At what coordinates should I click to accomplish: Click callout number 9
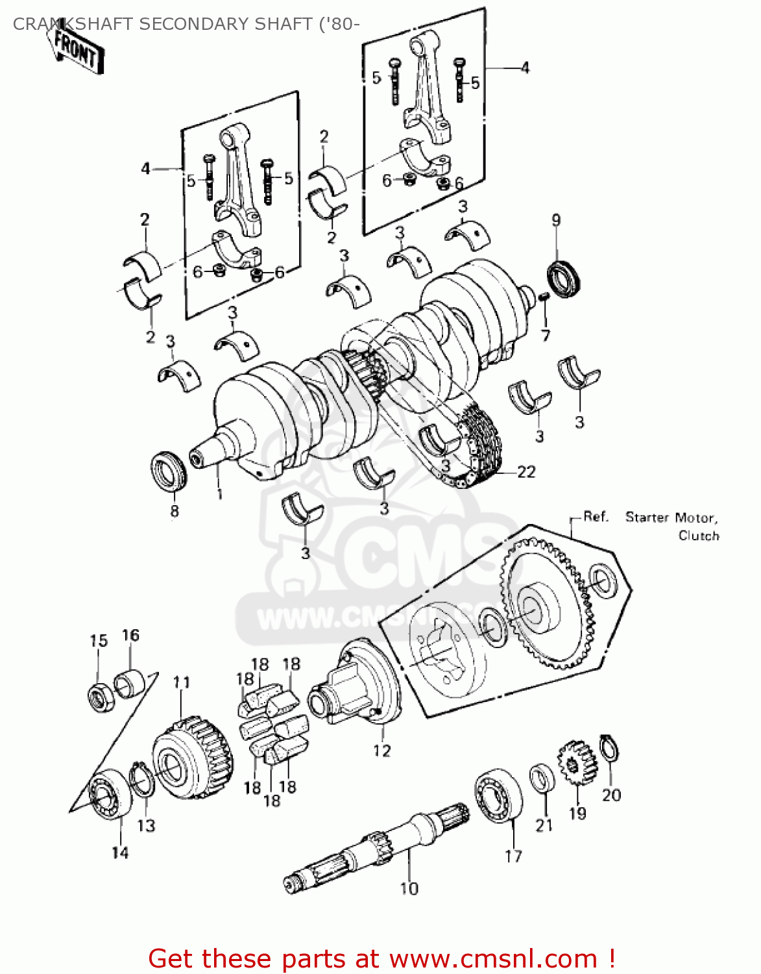(556, 220)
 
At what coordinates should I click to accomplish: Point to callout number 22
(526, 472)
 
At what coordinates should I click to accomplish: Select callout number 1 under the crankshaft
(219, 494)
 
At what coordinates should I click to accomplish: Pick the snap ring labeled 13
(141, 780)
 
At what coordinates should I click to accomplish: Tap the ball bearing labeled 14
(110, 795)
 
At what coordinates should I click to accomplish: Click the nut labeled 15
(99, 697)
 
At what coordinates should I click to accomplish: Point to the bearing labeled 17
(498, 797)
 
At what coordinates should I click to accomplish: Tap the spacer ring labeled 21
(542, 778)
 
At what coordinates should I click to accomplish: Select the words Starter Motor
(671, 518)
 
